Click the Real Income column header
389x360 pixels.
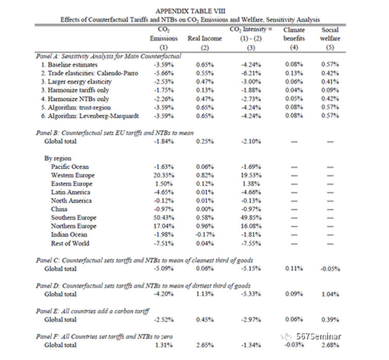point(204,39)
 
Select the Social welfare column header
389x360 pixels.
point(329,34)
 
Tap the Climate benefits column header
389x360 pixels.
point(294,34)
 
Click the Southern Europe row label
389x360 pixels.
point(74,218)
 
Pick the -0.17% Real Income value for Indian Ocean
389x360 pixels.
point(204,235)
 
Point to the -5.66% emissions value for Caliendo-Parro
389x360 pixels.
point(163,74)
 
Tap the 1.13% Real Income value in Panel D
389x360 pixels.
point(204,294)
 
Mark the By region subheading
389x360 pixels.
point(58,158)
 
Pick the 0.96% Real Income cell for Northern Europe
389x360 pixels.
point(204,226)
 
